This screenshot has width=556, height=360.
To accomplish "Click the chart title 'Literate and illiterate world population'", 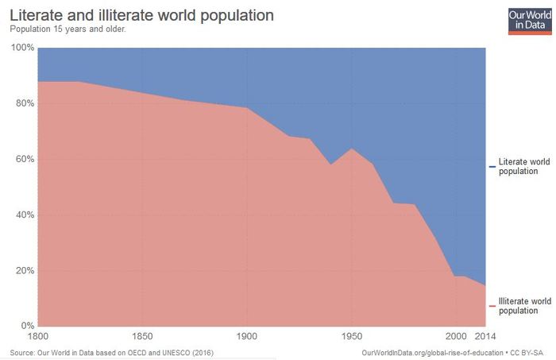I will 142,15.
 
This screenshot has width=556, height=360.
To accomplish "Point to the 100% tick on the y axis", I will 22,48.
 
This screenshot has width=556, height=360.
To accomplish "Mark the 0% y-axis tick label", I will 26,326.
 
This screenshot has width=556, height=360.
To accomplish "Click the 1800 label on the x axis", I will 38,335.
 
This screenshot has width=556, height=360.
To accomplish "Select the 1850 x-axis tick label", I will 142,335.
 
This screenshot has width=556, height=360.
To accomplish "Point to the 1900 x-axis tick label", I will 247,335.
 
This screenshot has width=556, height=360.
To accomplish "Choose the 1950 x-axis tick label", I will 352,335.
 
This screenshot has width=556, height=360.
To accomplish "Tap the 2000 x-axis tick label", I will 456,335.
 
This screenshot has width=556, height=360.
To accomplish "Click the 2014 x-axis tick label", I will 485,335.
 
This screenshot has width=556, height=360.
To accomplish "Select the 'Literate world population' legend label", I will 523,166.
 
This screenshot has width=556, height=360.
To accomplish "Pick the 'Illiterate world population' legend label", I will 524,306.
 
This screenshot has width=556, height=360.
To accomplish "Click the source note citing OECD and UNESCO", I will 111,352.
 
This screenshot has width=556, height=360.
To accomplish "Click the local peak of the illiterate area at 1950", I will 352,149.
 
